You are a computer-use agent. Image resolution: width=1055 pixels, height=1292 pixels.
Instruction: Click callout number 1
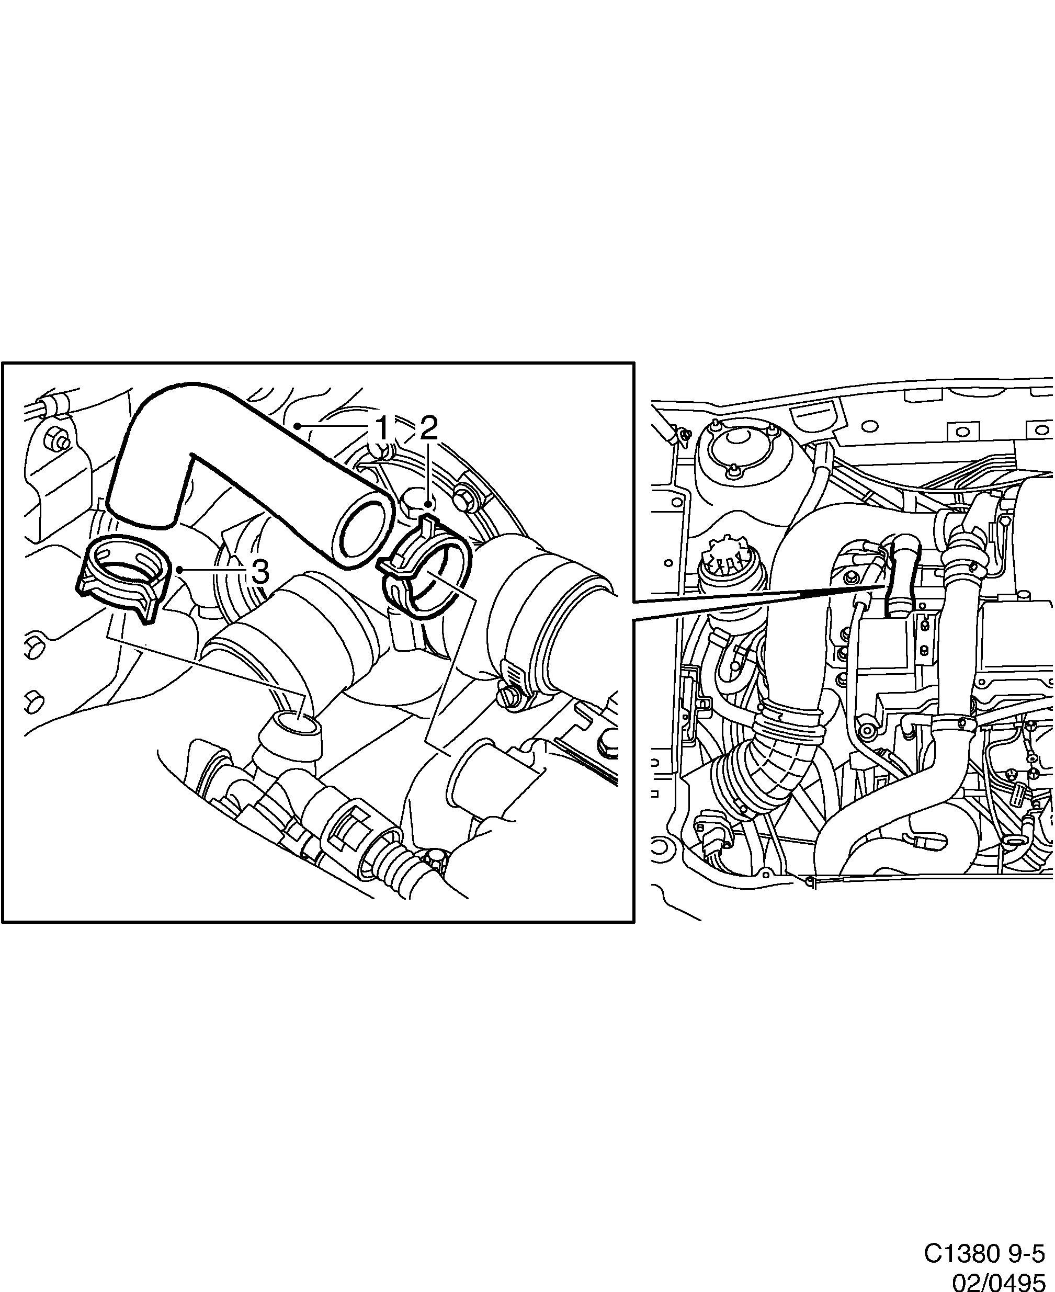point(382,428)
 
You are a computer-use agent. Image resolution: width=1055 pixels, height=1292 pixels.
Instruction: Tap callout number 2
point(428,428)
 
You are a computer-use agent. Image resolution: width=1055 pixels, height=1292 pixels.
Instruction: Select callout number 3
point(259,571)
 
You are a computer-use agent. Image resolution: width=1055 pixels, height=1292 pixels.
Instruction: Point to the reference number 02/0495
point(1002,1278)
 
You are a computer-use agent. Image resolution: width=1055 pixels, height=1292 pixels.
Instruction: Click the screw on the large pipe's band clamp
point(509,699)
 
